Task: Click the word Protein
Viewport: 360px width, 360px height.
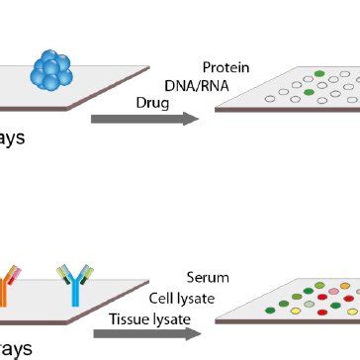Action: point(225,68)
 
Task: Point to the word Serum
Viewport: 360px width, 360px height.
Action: point(206,278)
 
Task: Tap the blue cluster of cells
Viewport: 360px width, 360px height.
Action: point(53,70)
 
